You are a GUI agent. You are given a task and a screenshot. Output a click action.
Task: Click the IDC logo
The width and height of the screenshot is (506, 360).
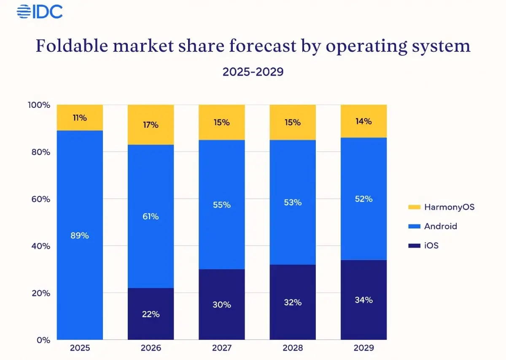pyautogui.click(x=40, y=11)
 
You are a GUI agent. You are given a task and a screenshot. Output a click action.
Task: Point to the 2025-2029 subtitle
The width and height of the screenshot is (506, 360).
pyautogui.click(x=253, y=72)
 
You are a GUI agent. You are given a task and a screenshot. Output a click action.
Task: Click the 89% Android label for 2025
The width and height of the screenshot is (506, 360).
pyautogui.click(x=80, y=236)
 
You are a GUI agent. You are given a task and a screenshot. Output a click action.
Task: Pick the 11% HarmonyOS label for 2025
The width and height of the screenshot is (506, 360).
pyautogui.click(x=80, y=118)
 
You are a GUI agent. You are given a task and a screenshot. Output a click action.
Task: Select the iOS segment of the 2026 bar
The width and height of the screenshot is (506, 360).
pyautogui.click(x=151, y=314)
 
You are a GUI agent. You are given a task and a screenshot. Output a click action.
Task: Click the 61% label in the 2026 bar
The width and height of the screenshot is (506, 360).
pyautogui.click(x=151, y=217)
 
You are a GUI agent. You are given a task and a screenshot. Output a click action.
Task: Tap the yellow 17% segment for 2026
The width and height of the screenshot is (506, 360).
pyautogui.click(x=151, y=125)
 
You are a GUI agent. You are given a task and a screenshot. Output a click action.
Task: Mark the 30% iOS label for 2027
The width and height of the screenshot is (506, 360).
pyautogui.click(x=222, y=304)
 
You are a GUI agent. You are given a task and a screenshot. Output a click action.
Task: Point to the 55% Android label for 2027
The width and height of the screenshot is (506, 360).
pyautogui.click(x=222, y=205)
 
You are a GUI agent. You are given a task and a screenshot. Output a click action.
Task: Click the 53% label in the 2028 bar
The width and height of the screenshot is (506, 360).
pyautogui.click(x=293, y=202)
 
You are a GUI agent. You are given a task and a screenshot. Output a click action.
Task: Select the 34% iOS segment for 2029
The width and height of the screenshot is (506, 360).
pyautogui.click(x=363, y=300)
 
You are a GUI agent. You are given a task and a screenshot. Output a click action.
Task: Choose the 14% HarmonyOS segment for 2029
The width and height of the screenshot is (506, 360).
pyautogui.click(x=363, y=121)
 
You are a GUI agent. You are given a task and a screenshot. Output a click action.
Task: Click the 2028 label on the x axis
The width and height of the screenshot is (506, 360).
pyautogui.click(x=293, y=349)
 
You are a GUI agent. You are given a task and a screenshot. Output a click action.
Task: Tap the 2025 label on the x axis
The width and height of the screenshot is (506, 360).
pyautogui.click(x=80, y=349)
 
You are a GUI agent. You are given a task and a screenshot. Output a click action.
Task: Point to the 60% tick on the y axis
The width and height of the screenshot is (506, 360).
pyautogui.click(x=42, y=199)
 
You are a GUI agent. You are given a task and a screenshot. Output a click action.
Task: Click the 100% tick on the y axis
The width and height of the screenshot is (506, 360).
pyautogui.click(x=40, y=105)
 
